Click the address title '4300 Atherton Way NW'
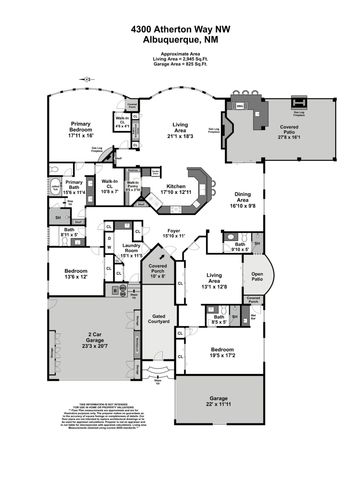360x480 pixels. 180,30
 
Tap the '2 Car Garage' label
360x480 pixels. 96,339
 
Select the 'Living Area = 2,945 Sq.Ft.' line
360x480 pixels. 180,58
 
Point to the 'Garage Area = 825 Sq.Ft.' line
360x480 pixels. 180,64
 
